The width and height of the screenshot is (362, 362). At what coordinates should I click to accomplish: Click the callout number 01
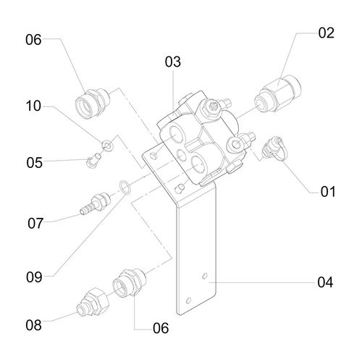(x=328, y=192)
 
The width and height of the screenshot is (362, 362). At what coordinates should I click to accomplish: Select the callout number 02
(x=326, y=33)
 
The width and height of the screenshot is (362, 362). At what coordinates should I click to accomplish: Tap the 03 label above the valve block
(x=173, y=62)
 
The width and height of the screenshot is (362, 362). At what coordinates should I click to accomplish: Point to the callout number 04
(x=325, y=282)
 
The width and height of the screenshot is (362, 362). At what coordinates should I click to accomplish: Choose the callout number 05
(x=34, y=163)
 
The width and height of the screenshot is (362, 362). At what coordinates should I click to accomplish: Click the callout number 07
(x=35, y=223)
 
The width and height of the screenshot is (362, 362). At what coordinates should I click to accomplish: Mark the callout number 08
(x=33, y=325)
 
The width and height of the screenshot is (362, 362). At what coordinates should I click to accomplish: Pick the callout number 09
(x=34, y=277)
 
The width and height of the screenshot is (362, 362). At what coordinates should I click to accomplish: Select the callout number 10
(x=33, y=106)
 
